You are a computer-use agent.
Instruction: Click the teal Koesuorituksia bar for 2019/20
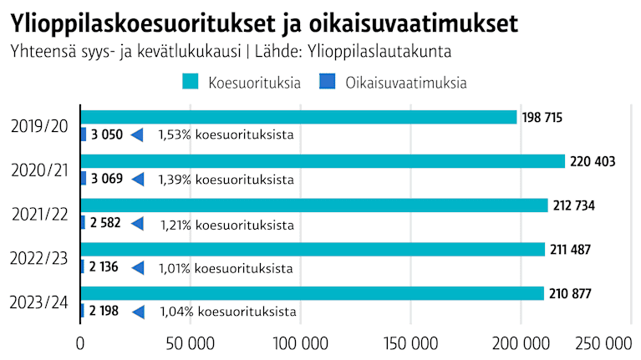[298, 117]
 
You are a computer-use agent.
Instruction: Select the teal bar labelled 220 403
[323, 161]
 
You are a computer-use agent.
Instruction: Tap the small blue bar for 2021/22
[83, 223]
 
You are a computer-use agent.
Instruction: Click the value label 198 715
[542, 118]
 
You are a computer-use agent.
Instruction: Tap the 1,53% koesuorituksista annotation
[225, 134]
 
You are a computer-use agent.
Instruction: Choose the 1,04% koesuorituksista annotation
[226, 312]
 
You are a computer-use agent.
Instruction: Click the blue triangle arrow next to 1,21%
[138, 224]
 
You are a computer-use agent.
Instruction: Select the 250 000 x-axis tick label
[605, 342]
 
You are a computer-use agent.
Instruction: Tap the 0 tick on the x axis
[80, 342]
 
